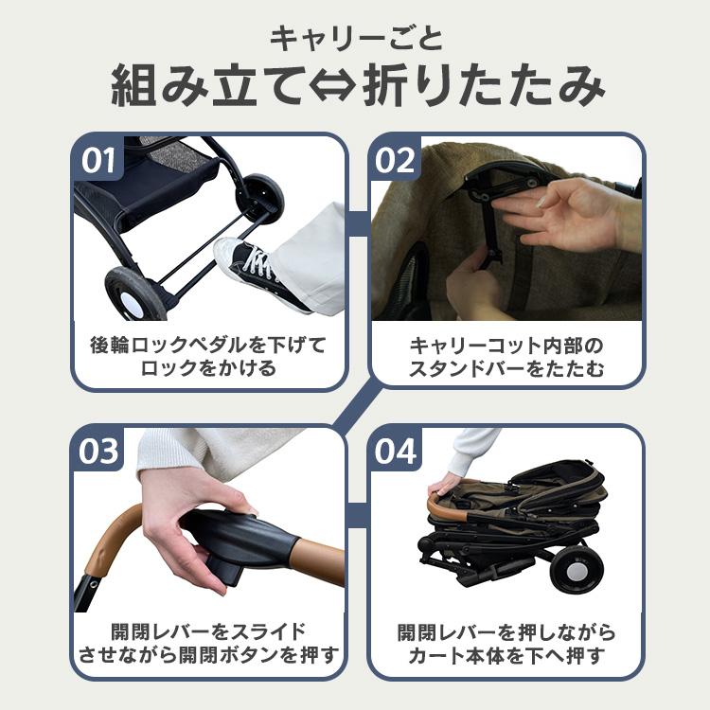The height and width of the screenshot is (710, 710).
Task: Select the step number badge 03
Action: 98,452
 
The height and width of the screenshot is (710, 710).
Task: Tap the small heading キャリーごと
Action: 355,39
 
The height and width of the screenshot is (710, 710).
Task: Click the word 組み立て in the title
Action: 209,88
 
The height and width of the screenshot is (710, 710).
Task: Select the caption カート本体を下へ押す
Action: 506,655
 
